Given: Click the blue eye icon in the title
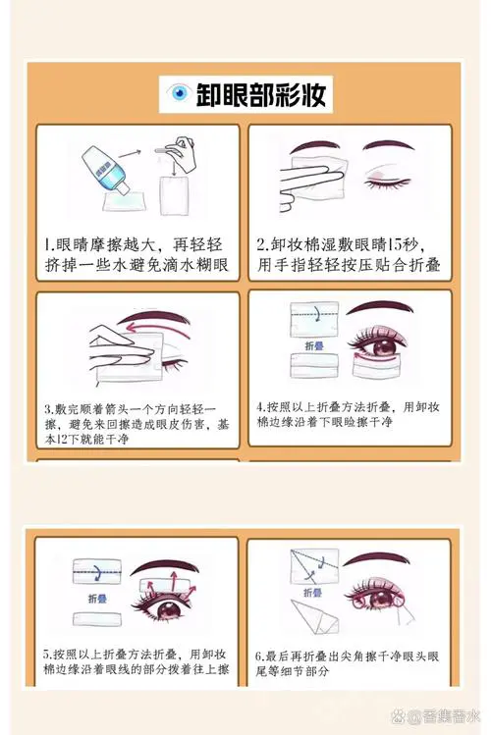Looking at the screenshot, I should point(179,94).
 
